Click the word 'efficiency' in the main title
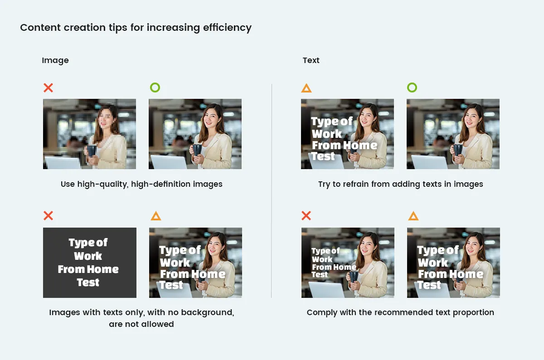pyautogui.click(x=227, y=28)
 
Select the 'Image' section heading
pyautogui.click(x=55, y=60)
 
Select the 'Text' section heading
pyautogui.click(x=311, y=60)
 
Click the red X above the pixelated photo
pyautogui.click(x=48, y=88)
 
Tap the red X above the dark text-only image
pyautogui.click(x=48, y=215)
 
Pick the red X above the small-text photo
pyautogui.click(x=306, y=215)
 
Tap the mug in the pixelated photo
pyautogui.click(x=92, y=151)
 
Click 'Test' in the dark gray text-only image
pyautogui.click(x=88, y=282)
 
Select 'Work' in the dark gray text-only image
pyautogui.click(x=88, y=256)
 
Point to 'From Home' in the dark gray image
pyautogui.click(x=88, y=269)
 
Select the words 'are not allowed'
pyautogui.click(x=141, y=324)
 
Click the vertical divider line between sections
pyautogui.click(x=272, y=191)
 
